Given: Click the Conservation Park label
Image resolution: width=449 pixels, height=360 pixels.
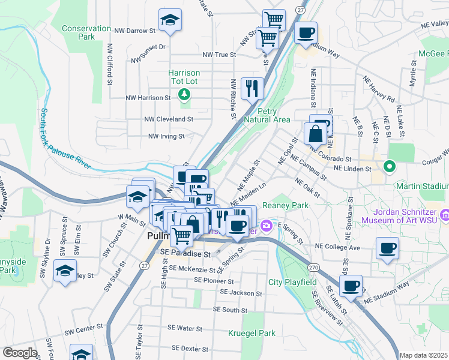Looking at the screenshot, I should pos(86,32).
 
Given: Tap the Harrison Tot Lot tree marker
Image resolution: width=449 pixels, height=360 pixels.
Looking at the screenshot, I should pos(184,94).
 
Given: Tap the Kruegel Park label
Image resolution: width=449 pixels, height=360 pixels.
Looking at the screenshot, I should pos(252,333).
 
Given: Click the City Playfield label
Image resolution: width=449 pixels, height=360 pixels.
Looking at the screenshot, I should pos(292,282).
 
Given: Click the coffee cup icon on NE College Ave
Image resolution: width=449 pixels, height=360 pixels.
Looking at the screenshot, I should pos(387,247).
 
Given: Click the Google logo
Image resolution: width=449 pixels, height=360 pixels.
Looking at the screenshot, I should pos(20,353).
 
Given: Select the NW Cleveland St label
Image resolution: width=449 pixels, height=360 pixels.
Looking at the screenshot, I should pos(168,119).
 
